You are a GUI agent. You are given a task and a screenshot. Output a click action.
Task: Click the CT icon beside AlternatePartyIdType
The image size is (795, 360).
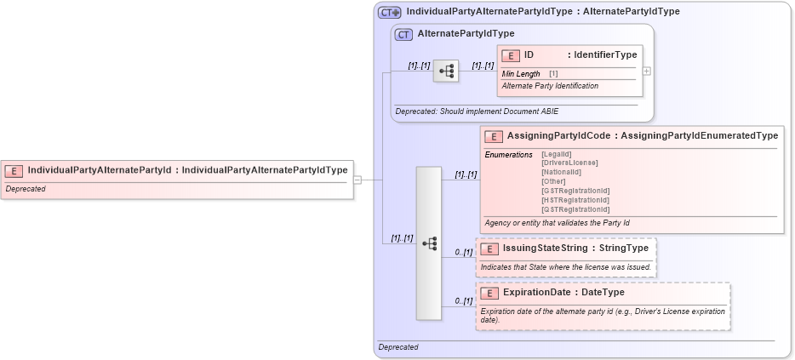click(x=404, y=34)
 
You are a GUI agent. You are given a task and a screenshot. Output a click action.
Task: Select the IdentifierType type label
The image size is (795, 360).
click(x=605, y=55)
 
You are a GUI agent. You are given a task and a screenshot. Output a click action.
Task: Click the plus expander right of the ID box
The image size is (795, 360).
click(x=647, y=71)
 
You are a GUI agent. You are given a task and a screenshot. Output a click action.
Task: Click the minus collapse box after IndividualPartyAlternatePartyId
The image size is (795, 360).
click(x=357, y=180)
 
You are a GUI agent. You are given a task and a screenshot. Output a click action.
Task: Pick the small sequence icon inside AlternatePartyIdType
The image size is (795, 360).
click(x=445, y=71)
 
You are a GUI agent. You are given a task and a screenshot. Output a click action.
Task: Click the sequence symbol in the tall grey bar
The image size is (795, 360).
click(x=429, y=243)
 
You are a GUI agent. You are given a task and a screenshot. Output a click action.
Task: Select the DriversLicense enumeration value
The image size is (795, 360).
click(x=569, y=163)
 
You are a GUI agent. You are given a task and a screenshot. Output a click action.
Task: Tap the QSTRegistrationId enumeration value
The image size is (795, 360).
click(x=575, y=209)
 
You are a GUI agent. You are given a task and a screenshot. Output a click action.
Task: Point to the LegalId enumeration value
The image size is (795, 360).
click(x=557, y=153)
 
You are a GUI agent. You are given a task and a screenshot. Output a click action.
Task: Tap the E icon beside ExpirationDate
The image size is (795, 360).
click(x=489, y=293)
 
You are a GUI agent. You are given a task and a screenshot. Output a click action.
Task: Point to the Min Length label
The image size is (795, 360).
click(x=521, y=74)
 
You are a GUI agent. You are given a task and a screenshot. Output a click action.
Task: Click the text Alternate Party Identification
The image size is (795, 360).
click(x=550, y=86)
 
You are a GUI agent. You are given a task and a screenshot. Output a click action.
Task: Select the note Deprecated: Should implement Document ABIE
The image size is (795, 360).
click(x=477, y=111)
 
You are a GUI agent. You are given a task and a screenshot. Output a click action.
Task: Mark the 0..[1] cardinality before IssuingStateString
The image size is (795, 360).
click(x=463, y=253)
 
